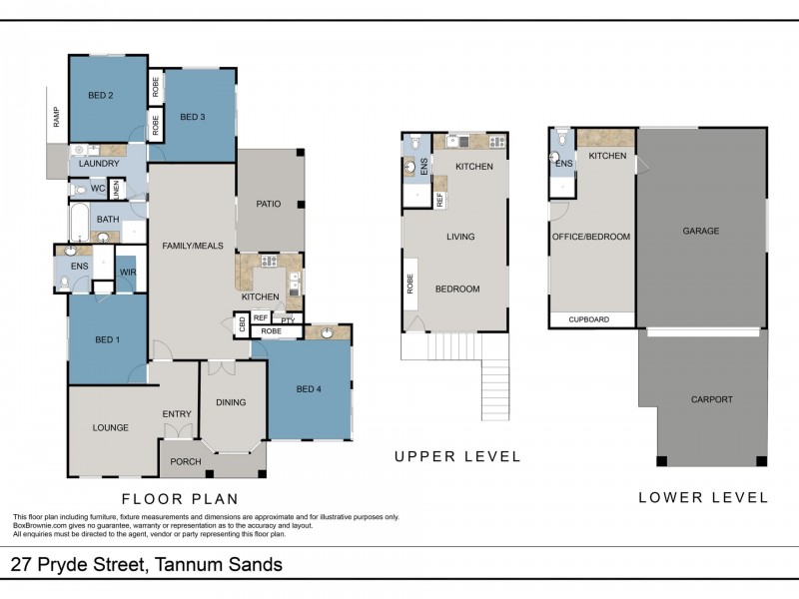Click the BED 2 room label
pos(101,95)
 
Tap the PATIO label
pos(269,204)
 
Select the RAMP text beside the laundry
pos(56,117)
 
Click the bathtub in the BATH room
pos(80,222)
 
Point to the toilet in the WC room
pos(79,191)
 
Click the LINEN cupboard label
pos(116,190)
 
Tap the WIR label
pos(128,272)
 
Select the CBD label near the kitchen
pos(242,323)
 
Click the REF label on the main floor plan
pos(261,317)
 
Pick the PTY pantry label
pos(288,320)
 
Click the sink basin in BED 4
pos(327,333)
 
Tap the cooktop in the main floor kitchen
pos(269,262)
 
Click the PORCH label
pos(186,461)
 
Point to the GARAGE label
pos(701,231)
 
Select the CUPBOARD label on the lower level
pos(589,319)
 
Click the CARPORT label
pos(712,399)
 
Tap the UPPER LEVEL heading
pos(457,456)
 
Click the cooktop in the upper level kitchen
pos(497,142)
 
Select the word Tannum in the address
pos(188,564)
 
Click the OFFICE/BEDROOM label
pos(591,237)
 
